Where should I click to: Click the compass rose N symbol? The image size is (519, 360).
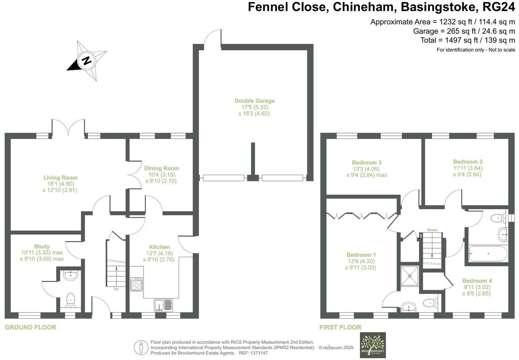coord(87,61)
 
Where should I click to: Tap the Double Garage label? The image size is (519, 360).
coord(255,101)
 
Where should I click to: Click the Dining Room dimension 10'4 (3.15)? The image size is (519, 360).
coord(162,175)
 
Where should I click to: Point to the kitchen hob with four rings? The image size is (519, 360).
coord(137,284)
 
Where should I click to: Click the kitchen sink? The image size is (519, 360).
coord(163,305)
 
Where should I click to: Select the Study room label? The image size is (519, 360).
coord(42,247)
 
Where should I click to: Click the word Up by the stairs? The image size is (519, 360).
coord(116,289)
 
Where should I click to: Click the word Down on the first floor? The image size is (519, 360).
coord(432,230)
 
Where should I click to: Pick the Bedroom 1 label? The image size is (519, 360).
coord(361,255)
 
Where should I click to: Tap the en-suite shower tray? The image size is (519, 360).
coord(410,276)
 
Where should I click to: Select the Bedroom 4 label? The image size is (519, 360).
coord(477,281)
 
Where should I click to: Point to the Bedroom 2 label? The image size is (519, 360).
coord(468,162)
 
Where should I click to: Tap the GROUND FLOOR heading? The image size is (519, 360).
coord(30,327)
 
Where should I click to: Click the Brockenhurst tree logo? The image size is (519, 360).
coord(372,344)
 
